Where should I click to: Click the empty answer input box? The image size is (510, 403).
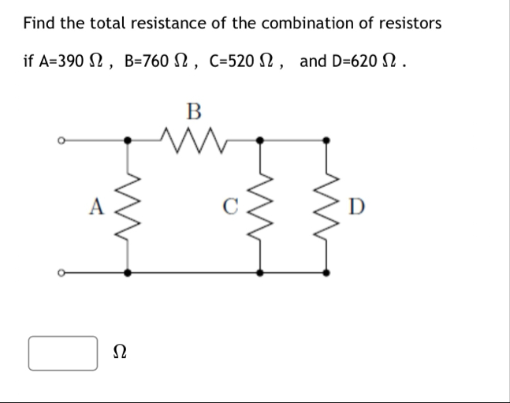[x=64, y=353]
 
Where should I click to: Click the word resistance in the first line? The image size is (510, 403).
[x=170, y=22]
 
